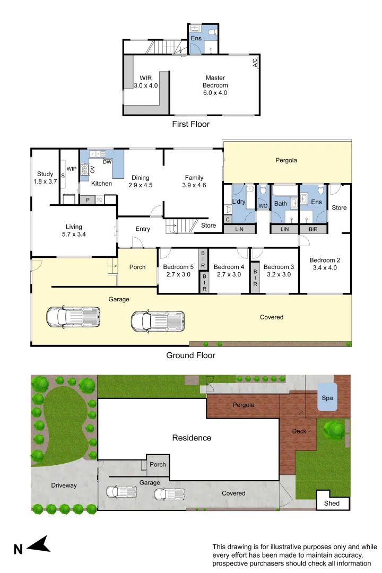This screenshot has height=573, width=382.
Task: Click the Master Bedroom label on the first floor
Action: (215, 85)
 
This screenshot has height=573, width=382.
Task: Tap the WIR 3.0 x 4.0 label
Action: (145, 81)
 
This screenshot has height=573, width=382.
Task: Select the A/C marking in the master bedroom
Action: (255, 63)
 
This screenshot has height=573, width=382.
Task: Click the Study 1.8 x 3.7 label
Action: (44, 177)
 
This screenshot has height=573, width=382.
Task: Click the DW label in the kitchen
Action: (107, 162)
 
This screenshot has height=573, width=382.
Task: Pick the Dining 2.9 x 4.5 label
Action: (140, 181)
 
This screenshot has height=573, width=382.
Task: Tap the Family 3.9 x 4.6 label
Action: (195, 181)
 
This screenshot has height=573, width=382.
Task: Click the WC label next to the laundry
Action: (262, 205)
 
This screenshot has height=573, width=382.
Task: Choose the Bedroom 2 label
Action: (324, 264)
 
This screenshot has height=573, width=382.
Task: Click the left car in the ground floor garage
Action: (73, 317)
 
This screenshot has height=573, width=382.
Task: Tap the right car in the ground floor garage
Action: (158, 321)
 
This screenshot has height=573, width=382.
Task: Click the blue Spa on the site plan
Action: (327, 398)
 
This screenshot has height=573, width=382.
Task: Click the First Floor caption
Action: (190, 124)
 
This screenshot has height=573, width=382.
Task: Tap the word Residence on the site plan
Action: (192, 438)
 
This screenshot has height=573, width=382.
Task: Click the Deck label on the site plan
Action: (299, 431)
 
